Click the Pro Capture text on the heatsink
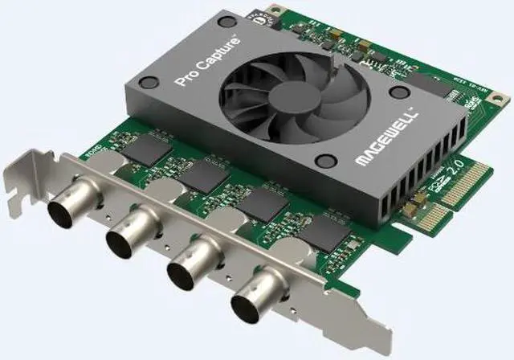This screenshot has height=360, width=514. click(205, 61)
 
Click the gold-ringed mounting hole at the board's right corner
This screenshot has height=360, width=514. click(501, 103)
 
